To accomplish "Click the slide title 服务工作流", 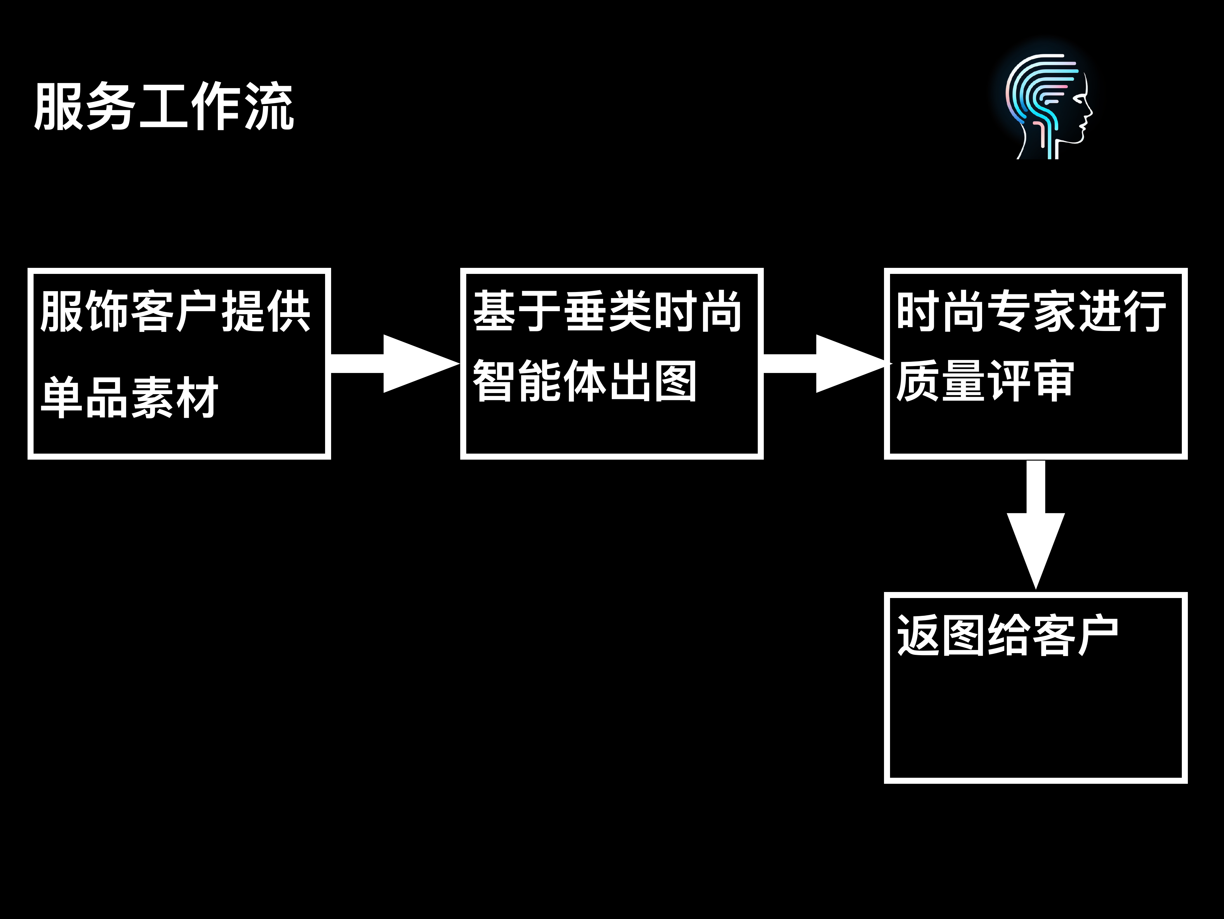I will click(164, 107).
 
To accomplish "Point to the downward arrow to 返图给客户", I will click(1035, 523).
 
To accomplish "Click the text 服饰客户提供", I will click(175, 312).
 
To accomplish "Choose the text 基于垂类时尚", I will click(607, 312).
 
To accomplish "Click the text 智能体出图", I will click(584, 381).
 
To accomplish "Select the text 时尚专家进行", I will click(1031, 312).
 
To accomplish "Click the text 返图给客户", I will click(1007, 636).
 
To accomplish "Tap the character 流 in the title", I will click(269, 107).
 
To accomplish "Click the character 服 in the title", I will click(58, 107).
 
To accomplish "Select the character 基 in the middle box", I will click(494, 312).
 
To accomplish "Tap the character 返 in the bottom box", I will click(918, 636).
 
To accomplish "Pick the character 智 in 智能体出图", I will click(494, 381).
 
